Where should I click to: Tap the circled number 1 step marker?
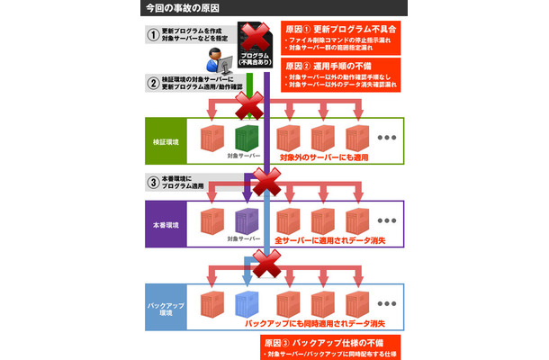[154, 34]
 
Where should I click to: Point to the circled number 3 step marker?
[154, 179]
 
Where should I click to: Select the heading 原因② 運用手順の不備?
[334, 66]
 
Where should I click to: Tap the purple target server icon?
[246, 220]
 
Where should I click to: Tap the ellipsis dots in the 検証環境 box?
[388, 138]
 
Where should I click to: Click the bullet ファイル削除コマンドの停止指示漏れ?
[337, 42]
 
